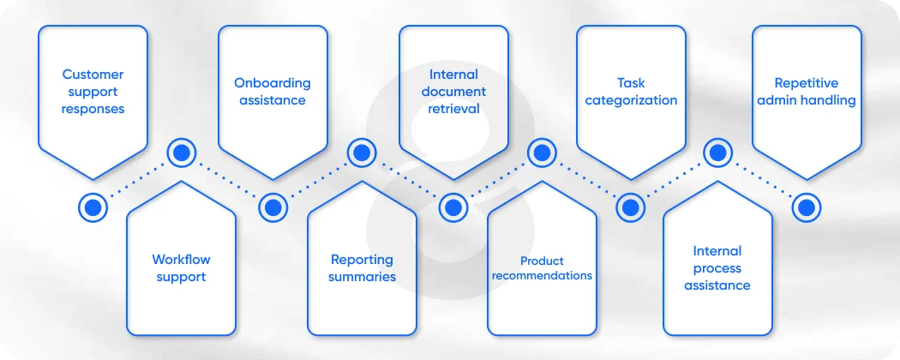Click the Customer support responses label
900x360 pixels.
coord(93,92)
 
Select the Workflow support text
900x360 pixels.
coord(181,267)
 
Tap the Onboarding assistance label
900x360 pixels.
coord(273,92)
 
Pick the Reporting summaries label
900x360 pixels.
coord(362,267)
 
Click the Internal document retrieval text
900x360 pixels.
coord(454,92)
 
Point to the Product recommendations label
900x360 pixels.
coord(542,268)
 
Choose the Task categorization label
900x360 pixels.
coord(631,92)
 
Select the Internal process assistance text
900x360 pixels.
coord(717,267)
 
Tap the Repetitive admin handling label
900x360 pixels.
coord(806,92)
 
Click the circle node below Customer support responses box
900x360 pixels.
coord(93,207)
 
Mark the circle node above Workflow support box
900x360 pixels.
coord(181,153)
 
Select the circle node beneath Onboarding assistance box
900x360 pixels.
coord(273,207)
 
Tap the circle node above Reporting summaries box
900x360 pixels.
coord(362,153)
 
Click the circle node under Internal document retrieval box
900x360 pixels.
coord(453,207)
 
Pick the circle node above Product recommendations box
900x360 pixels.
coord(542,153)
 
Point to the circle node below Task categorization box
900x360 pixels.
coord(630,207)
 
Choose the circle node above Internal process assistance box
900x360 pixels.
coord(717,153)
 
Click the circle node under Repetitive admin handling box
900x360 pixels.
coord(806,207)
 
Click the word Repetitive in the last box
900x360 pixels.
coord(806,83)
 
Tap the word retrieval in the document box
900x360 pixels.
coord(454,109)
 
